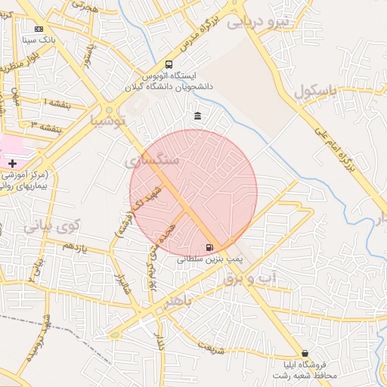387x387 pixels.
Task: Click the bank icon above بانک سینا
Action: coord(39,28)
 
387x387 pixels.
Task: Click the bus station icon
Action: coord(168,65)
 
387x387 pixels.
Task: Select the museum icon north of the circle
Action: coord(197,116)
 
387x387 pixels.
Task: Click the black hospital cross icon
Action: coord(12,163)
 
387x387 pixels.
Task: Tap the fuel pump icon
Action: coord(209,246)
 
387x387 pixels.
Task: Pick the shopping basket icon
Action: coord(305,353)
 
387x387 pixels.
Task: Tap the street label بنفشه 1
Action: coord(57,103)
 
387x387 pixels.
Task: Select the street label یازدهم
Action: coord(76,247)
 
